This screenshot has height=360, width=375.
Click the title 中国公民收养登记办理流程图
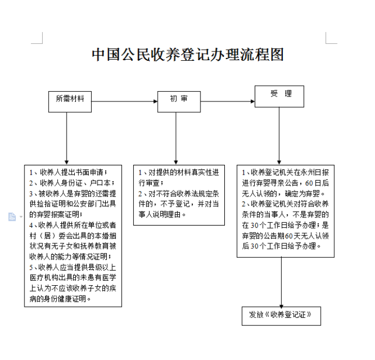pos(187,55)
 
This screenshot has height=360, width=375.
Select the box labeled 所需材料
pos(70,102)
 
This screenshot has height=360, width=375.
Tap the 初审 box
pos(179,102)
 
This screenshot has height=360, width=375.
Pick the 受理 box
pos(279,97)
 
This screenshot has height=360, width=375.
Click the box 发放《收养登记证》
pos(281,316)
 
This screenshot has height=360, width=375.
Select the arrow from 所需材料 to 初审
pos(124,101)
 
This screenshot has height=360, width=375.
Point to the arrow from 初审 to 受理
pos(228,101)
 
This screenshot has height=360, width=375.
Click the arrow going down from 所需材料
pos(67,138)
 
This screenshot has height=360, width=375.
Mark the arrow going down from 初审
pos(176,138)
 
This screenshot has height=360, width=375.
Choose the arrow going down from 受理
pos(279,136)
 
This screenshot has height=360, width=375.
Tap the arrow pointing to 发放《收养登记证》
pos(281,282)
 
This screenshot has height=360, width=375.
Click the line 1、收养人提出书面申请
pos(68,172)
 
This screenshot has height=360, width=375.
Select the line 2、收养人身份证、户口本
pos(72,183)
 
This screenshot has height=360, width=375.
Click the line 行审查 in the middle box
pos(151,183)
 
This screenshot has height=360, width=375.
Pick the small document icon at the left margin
pos(12,217)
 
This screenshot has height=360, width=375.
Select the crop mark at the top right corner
pos(331,38)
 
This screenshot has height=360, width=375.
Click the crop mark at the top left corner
pos(37,38)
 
